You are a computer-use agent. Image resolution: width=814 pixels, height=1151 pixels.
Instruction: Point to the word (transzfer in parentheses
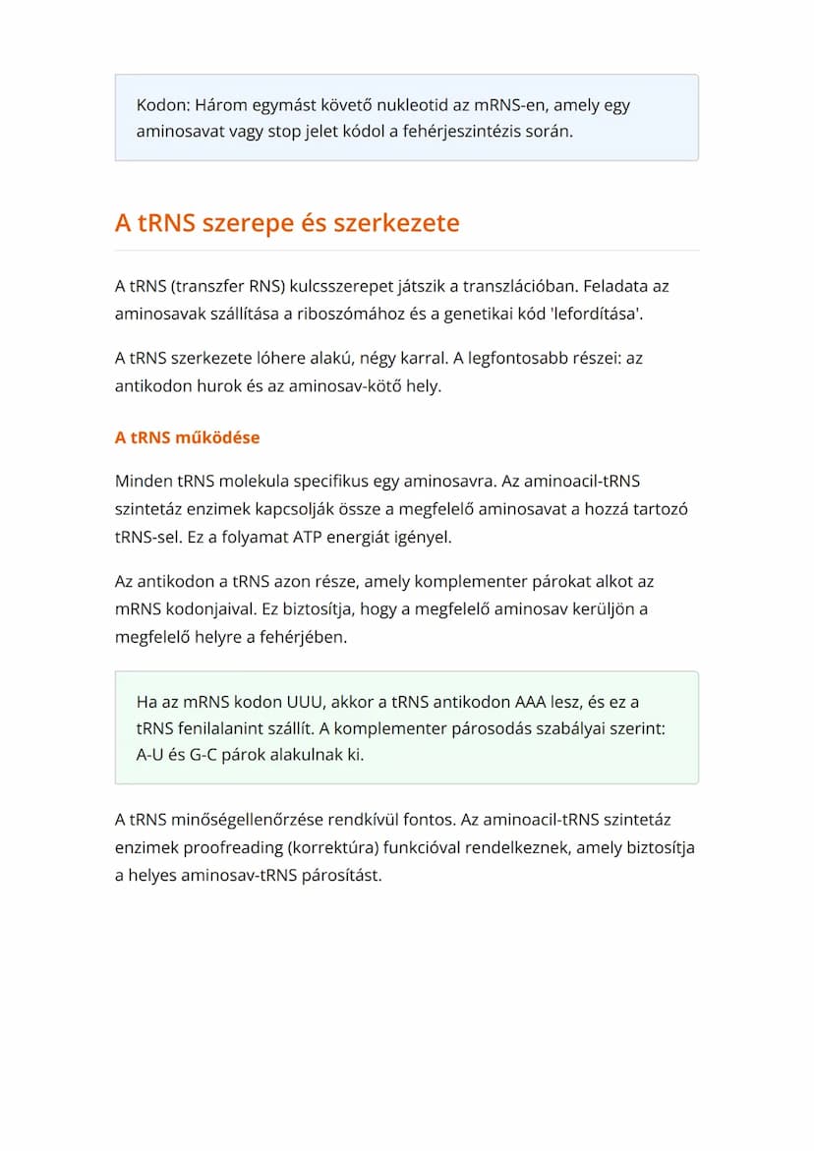[206, 287]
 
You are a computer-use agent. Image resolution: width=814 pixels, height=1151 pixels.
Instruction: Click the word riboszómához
[365, 314]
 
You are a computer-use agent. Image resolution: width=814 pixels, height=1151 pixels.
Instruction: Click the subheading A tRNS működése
[187, 437]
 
